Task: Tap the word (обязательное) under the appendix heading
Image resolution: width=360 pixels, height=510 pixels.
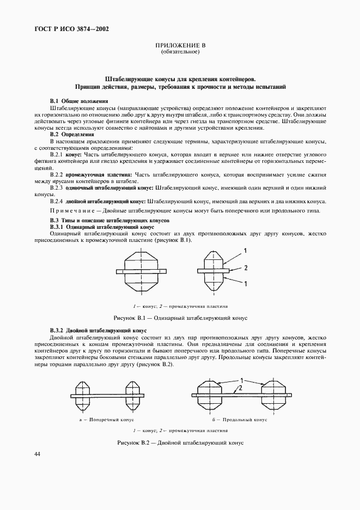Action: (x=180, y=52)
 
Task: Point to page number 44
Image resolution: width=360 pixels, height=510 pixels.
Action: (x=37, y=454)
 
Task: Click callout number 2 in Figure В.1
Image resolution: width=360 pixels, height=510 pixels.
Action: (x=245, y=268)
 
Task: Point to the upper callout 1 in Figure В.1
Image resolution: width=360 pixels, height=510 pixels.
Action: (x=245, y=251)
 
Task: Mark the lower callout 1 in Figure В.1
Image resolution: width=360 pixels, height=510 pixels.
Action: (x=245, y=283)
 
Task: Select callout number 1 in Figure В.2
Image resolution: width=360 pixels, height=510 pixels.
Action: (x=240, y=380)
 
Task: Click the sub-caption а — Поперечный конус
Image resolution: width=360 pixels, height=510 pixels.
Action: (x=104, y=420)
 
